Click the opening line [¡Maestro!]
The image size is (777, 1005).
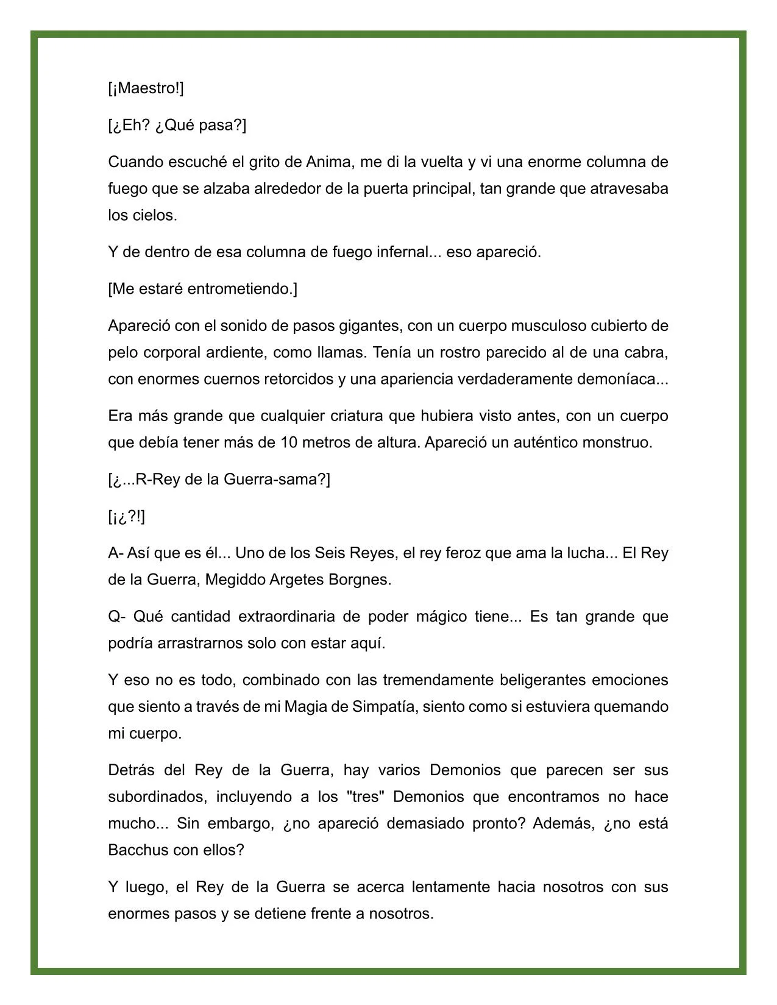coord(146,88)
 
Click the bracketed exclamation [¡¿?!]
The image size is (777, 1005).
coord(127,517)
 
